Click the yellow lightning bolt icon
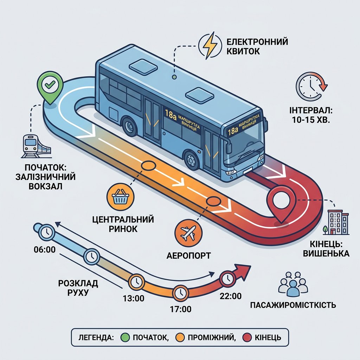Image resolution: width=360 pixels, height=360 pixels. tap(210, 45)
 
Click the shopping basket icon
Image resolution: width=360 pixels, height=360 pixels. tap(121, 197)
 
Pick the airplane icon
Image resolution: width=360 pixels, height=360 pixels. tap(188, 233)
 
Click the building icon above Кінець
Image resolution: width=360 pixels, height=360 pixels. tap(336, 222)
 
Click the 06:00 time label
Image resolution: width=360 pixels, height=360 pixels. tap(45, 249)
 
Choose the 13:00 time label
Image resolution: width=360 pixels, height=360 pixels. tap(133, 298)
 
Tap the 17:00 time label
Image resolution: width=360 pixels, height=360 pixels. tap(180, 309)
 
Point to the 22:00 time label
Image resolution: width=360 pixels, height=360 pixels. tap(231, 296)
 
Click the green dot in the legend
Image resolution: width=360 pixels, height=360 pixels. tap(125, 337)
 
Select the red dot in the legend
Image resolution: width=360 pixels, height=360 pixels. tap(247, 337)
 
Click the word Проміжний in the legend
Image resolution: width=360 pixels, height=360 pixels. tap(212, 337)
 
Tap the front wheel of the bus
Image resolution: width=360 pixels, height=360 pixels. tap(191, 159)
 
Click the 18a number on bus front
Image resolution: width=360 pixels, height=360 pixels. tap(233, 131)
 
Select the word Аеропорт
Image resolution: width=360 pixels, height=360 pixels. tap(188, 256)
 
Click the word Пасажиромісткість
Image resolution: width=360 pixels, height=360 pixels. tap(293, 305)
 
